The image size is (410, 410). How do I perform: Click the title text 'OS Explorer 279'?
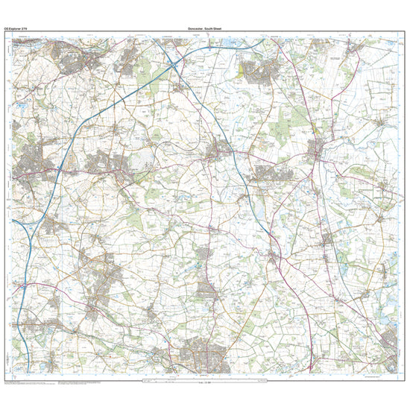point(16,28)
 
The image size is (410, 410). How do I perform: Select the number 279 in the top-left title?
point(26,28)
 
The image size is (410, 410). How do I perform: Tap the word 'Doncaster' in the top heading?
point(195,28)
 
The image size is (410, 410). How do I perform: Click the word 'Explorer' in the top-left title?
point(16,28)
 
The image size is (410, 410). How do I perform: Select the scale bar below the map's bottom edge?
point(205,382)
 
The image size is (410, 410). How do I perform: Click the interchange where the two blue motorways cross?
point(174,66)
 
